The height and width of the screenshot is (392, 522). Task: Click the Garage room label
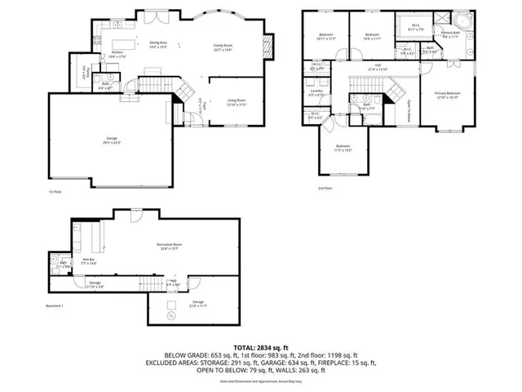click(112, 141)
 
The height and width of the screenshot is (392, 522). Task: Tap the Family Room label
click(223, 48)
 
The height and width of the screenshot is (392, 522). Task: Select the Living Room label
click(237, 103)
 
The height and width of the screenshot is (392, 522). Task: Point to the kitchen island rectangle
click(124, 42)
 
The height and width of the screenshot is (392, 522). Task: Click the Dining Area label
click(158, 45)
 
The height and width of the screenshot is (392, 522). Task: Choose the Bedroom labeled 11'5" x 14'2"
click(343, 149)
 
